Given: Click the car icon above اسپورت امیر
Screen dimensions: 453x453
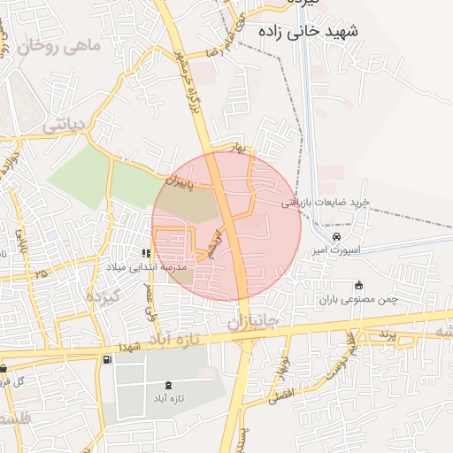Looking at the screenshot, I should [336, 237].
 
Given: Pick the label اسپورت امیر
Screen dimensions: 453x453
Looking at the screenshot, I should [330, 252].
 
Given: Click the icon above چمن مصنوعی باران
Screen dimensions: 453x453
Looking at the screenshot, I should [358, 285].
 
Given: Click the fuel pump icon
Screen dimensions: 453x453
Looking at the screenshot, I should [107, 359].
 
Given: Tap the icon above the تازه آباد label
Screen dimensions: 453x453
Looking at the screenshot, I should [169, 385].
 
